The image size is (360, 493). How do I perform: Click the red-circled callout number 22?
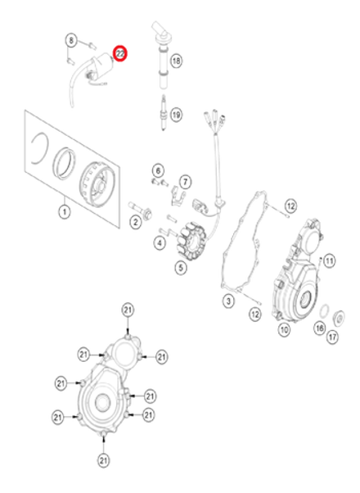(x=120, y=54)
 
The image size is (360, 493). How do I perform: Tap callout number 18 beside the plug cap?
(x=176, y=60)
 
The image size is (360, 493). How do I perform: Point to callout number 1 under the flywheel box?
(x=63, y=211)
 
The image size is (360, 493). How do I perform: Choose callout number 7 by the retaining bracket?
(x=185, y=181)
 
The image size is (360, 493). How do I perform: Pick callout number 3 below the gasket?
(x=230, y=301)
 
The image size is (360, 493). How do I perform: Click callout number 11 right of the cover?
(x=329, y=260)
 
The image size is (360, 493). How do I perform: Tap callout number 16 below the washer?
(x=320, y=327)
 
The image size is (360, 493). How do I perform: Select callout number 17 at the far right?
(x=332, y=336)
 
